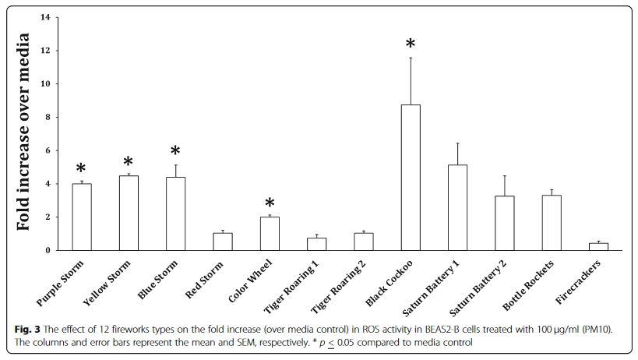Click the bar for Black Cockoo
(x=410, y=178)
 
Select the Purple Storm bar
(x=82, y=217)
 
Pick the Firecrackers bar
(x=598, y=247)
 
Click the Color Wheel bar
(x=270, y=234)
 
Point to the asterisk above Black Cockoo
(x=411, y=45)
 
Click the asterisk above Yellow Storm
(x=129, y=163)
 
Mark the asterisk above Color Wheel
(x=270, y=204)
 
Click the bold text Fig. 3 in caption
(x=26, y=330)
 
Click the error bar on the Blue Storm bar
(x=175, y=170)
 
